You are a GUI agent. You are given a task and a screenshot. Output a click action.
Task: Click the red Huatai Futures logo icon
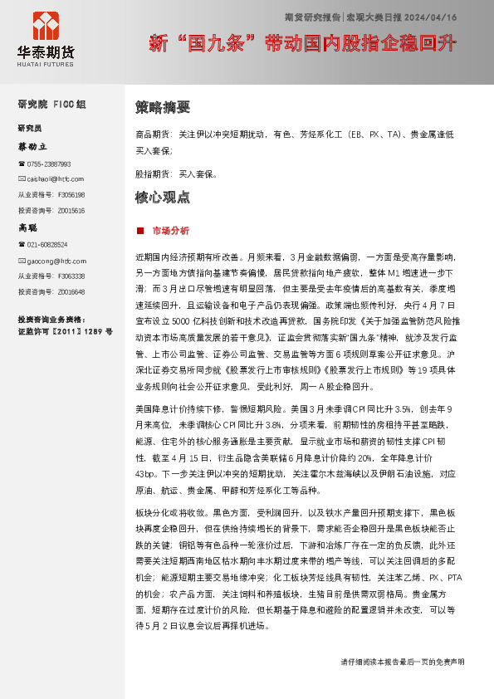pyautogui.click(x=46, y=25)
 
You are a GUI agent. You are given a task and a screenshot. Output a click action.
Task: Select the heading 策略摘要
pyautogui.click(x=163, y=107)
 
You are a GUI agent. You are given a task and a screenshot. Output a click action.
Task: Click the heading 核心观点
pyautogui.click(x=163, y=198)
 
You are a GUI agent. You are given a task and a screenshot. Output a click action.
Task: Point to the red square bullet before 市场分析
pyautogui.click(x=140, y=230)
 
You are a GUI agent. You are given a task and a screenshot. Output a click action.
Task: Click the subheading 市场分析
pyautogui.click(x=171, y=230)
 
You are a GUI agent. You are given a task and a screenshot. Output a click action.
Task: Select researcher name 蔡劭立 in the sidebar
pyautogui.click(x=33, y=146)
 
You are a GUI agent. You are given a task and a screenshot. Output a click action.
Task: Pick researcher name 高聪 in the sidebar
pyautogui.click(x=28, y=227)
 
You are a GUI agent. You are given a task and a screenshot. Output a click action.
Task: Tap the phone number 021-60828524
pyautogui.click(x=46, y=245)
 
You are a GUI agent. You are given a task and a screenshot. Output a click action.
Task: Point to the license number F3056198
pyautogui.click(x=71, y=194)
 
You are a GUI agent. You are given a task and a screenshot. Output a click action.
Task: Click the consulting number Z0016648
pyautogui.click(x=71, y=291)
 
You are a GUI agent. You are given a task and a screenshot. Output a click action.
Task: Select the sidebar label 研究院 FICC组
pyautogui.click(x=51, y=105)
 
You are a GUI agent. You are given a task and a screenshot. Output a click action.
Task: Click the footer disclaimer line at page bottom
pyautogui.click(x=403, y=662)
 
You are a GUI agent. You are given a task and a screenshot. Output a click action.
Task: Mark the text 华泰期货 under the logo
pyautogui.click(x=46, y=51)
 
